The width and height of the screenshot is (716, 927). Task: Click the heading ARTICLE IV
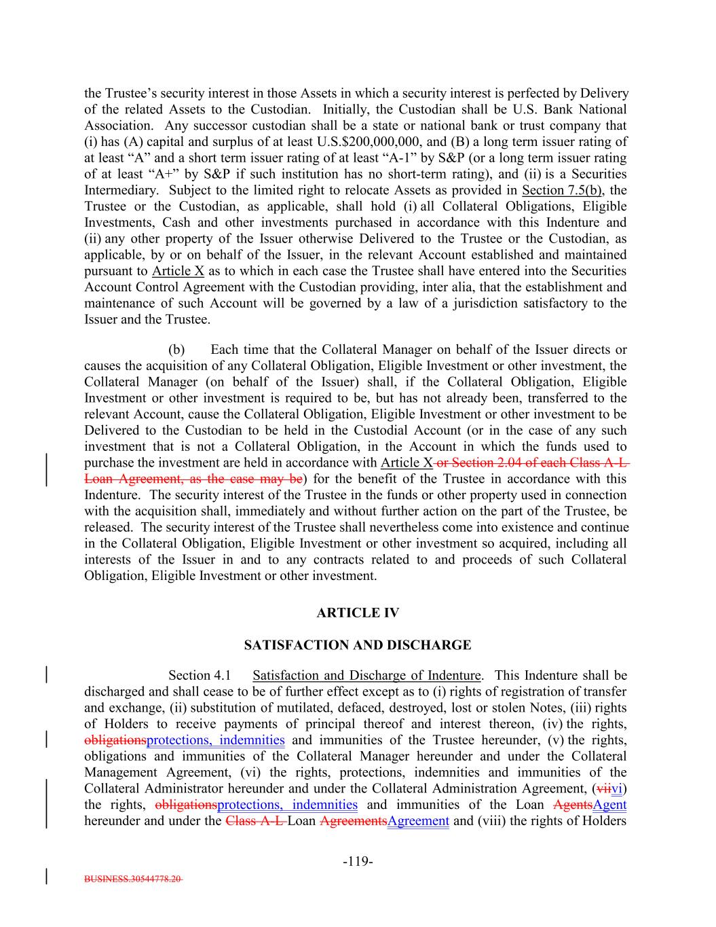click(358, 613)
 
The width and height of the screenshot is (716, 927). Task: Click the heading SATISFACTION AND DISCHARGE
click(358, 645)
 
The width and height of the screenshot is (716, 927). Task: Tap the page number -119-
click(358, 862)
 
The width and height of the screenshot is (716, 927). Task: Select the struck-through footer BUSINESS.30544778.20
click(133, 878)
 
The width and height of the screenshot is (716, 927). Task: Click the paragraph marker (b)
click(176, 350)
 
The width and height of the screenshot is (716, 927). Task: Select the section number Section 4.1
click(200, 676)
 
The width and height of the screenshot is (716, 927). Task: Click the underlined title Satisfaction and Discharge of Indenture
click(366, 676)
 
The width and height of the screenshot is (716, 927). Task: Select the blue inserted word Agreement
click(418, 821)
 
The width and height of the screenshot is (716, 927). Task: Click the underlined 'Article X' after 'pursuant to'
click(178, 271)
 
